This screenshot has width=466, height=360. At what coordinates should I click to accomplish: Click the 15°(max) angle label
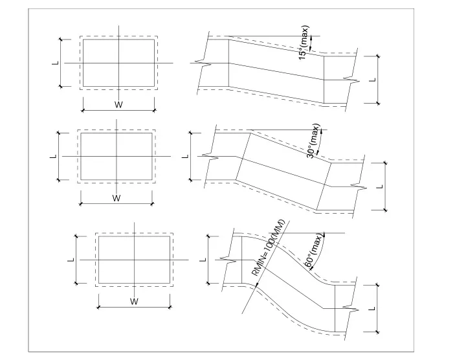304,43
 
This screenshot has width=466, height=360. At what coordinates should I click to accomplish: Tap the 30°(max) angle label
313,141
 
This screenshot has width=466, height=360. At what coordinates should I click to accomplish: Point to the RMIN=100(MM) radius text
268,248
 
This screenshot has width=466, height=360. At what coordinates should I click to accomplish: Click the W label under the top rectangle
118,104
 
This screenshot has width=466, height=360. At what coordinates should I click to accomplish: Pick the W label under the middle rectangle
116,198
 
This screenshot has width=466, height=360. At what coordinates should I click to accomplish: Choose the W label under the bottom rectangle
135,302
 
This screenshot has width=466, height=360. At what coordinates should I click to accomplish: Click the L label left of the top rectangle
56,63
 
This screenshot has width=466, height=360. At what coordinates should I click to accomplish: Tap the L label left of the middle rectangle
54,156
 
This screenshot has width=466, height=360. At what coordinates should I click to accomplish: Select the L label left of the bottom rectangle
71,260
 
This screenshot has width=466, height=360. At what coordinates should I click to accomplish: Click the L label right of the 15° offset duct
373,80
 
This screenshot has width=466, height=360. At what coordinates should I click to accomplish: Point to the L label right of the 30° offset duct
380,186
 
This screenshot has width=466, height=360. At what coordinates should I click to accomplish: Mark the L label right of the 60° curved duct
372,309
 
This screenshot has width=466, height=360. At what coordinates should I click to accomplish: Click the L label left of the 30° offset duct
186,156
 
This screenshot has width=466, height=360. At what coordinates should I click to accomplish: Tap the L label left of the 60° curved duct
203,260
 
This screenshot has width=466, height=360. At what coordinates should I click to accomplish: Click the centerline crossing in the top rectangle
119,63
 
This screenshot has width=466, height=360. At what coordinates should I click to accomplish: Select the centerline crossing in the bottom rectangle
135,260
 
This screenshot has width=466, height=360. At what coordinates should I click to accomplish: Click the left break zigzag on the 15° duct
206,63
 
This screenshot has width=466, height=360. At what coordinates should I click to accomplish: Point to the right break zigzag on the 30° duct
359,186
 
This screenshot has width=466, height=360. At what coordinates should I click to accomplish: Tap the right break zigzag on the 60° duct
351,309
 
